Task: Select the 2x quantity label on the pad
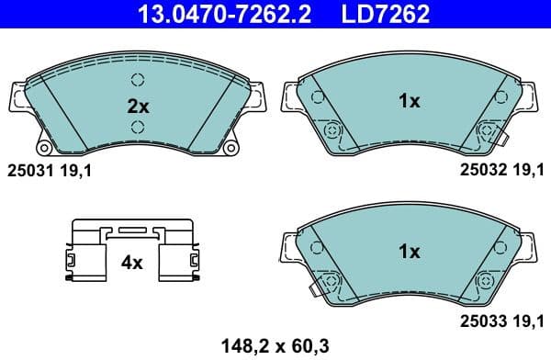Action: [x=138, y=106]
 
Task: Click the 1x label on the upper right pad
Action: [x=409, y=101]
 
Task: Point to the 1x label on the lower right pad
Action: [x=409, y=251]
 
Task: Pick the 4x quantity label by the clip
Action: [x=132, y=263]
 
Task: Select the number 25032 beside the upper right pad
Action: [x=482, y=169]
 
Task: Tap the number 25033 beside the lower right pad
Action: [x=482, y=321]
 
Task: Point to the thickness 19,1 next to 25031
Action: [x=76, y=169]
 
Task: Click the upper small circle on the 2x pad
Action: [x=138, y=79]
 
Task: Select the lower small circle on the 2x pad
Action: [x=138, y=127]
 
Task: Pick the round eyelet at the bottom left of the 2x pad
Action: [x=42, y=147]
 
